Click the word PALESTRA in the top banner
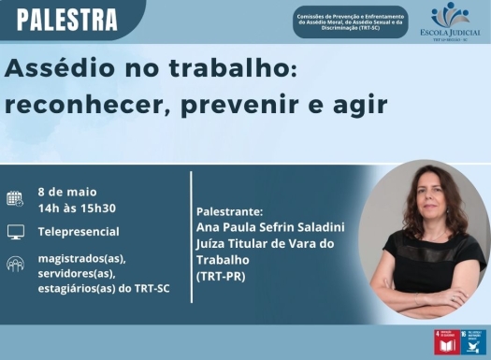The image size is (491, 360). pos(67,18)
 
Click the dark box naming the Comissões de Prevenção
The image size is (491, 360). pos(350,22)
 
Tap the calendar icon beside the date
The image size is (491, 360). pos(15,198)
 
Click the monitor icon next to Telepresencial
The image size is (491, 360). pos(15,232)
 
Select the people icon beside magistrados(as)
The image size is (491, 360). pos(15,266)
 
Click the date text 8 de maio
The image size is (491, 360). pos(67,191)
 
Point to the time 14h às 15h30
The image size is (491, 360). pos(77,208)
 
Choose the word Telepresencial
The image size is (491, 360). pos(79,232)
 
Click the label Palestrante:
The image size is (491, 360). pos(230,211)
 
